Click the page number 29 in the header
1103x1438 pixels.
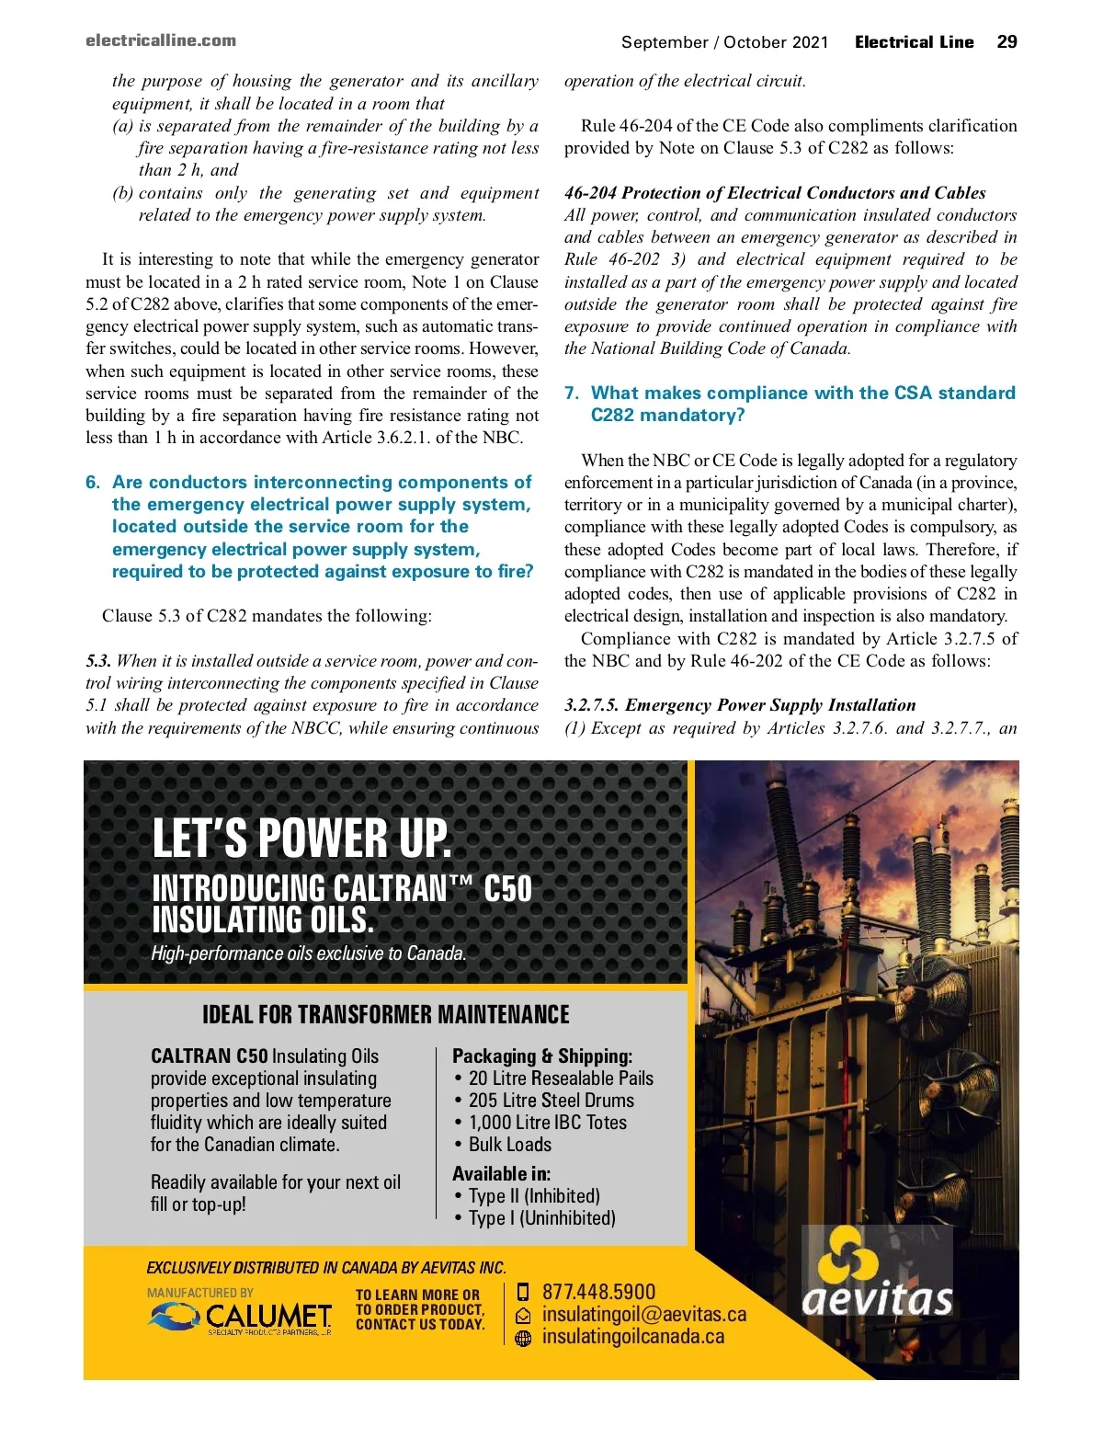1006,41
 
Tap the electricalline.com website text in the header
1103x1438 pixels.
161,40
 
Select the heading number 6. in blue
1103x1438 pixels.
93,482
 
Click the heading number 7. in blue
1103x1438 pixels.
572,393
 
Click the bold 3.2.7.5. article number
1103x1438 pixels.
593,705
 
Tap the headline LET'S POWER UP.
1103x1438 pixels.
301,838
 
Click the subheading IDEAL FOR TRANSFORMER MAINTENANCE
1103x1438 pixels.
386,1014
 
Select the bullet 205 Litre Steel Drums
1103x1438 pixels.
551,1101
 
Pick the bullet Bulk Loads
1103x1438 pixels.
510,1145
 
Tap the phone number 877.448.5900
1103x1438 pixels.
599,1292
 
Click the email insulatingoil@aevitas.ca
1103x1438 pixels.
644,1315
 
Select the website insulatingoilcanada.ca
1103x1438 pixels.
633,1337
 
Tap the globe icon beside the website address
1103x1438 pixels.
524,1339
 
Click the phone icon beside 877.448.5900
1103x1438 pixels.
524,1292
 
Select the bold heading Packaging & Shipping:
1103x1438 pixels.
542,1056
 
